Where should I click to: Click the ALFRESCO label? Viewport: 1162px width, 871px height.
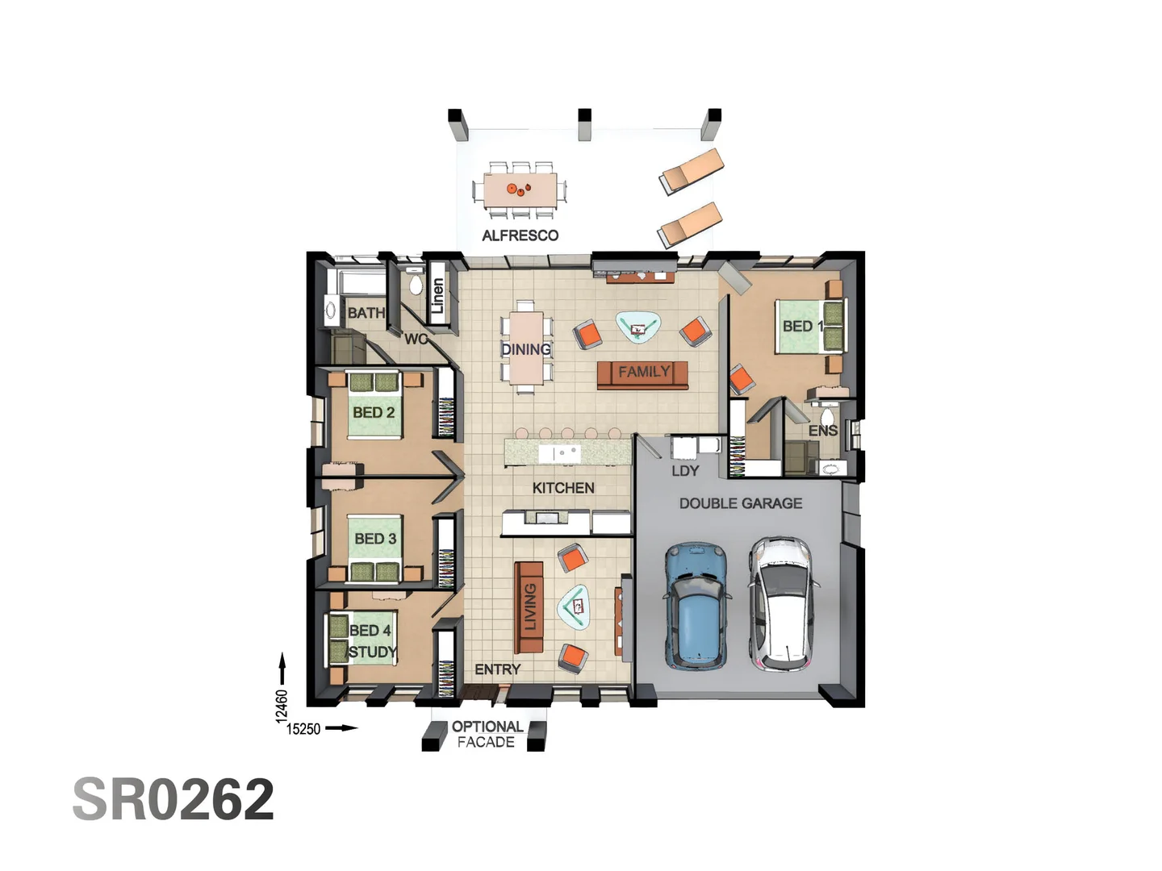click(520, 235)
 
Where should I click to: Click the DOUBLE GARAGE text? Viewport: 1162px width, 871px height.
click(740, 503)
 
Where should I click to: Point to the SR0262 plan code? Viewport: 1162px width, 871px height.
click(173, 799)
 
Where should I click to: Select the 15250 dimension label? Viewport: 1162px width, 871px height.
click(303, 729)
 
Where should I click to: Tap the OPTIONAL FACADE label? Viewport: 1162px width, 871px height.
click(487, 734)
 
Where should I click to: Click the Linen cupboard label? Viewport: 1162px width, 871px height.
click(437, 296)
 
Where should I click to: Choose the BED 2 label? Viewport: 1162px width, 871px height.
click(374, 412)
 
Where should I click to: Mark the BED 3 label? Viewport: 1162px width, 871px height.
click(375, 539)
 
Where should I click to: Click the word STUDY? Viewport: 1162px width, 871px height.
click(372, 652)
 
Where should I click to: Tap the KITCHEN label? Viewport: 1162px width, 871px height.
click(563, 488)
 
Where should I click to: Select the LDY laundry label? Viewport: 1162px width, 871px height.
click(685, 471)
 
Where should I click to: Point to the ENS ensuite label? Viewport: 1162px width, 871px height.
click(823, 431)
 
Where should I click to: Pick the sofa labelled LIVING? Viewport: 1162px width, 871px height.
click(529, 606)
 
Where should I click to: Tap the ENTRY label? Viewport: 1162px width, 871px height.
click(497, 669)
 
